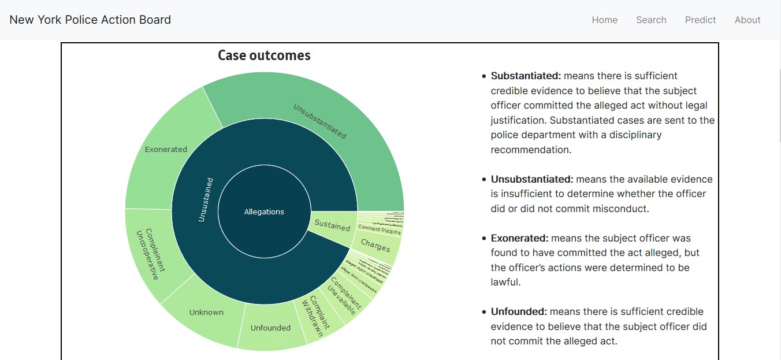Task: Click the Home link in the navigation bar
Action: [x=604, y=20]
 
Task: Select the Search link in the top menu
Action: [x=651, y=20]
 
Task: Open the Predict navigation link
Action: [x=700, y=20]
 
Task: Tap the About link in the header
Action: [x=747, y=20]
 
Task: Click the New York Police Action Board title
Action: [x=90, y=20]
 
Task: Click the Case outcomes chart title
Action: [x=264, y=55]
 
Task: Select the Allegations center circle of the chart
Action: [x=264, y=211]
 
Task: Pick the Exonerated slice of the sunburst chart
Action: [x=166, y=149]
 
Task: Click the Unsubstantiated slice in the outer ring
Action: [x=319, y=121]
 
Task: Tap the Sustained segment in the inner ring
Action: [x=332, y=225]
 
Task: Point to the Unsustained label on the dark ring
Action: [x=205, y=199]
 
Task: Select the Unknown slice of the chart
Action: [x=206, y=312]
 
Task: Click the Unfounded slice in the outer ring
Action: [x=270, y=328]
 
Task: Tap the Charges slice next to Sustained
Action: [x=375, y=246]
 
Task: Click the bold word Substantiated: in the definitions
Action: [x=526, y=76]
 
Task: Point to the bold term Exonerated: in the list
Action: [x=519, y=238]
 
